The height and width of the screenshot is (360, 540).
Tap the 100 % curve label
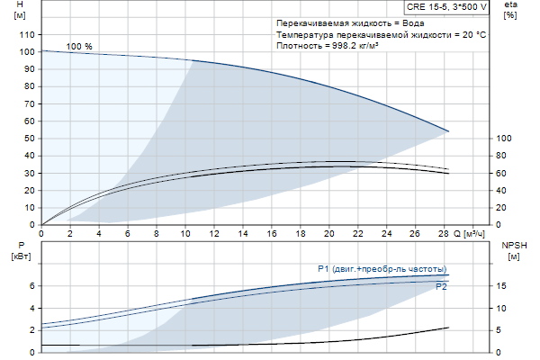[79, 46]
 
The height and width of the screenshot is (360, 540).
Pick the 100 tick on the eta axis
[505, 139]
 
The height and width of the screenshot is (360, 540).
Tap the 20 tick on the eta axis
[502, 208]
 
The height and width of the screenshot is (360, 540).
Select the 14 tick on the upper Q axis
[242, 233]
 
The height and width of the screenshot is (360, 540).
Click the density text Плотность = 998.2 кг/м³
[328, 46]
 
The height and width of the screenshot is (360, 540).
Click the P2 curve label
[441, 287]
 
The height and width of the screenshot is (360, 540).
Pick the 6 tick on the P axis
[31, 286]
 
